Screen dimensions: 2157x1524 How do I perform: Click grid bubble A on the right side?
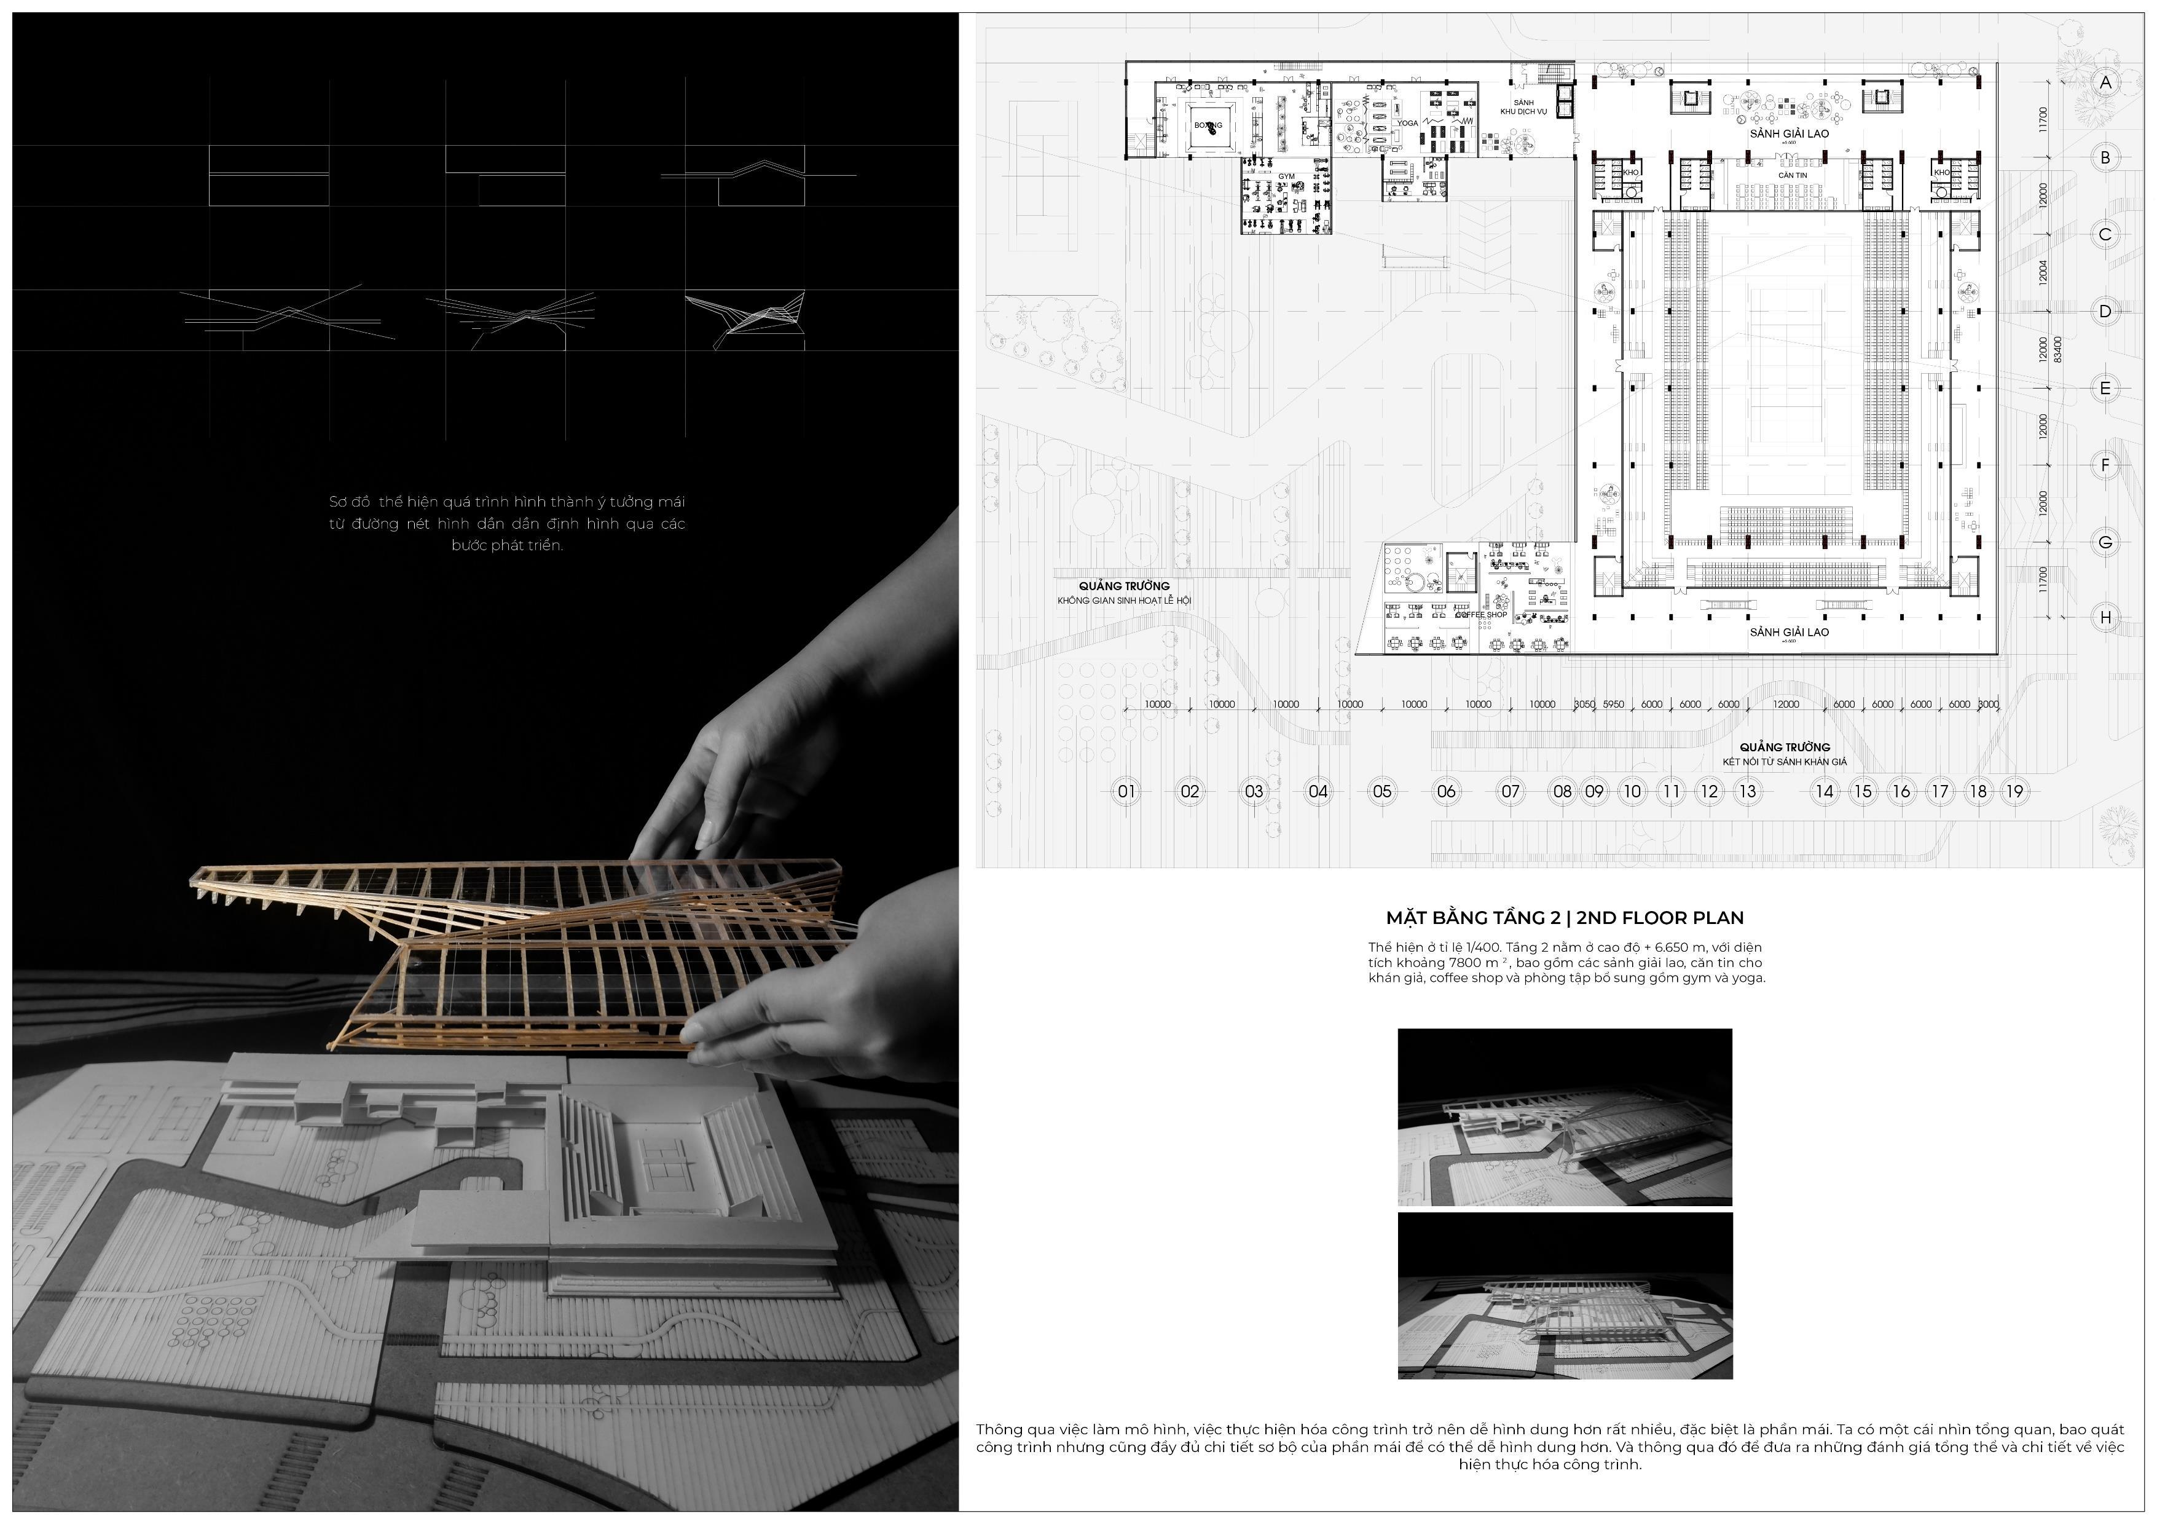point(2105,82)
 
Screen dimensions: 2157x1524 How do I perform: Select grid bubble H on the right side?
point(2105,617)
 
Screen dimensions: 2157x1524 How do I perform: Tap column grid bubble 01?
point(1125,791)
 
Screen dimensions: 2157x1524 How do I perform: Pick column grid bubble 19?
point(2014,791)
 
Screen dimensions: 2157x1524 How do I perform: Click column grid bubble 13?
point(1747,791)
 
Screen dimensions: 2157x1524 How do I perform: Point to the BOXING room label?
point(1208,125)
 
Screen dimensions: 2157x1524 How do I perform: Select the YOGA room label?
point(1407,123)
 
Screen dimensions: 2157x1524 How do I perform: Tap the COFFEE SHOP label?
point(1482,615)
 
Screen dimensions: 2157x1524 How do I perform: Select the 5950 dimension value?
point(1613,705)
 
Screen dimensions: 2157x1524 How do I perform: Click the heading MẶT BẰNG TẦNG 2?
point(1473,918)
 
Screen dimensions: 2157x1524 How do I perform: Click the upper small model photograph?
point(1564,1117)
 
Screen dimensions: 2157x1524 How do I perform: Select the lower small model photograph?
point(1564,1296)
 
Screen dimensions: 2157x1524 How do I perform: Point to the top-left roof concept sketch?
point(269,176)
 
